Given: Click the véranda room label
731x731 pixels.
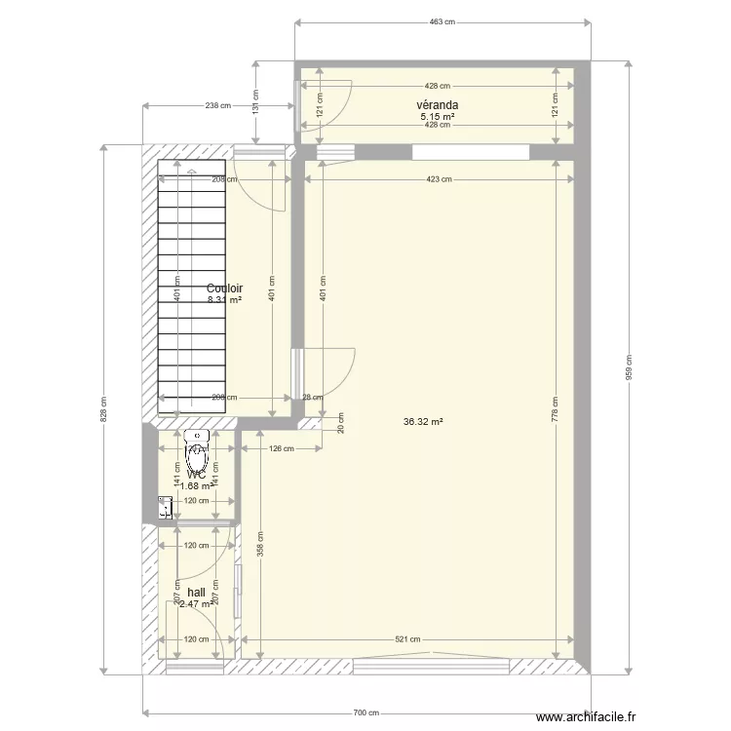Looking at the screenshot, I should [x=437, y=105].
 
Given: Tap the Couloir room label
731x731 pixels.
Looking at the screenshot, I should [x=224, y=289].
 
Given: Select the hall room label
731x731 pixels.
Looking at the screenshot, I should [x=196, y=592].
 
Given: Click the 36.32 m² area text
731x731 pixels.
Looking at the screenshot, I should [x=423, y=422].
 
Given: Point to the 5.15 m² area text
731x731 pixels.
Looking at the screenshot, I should [x=437, y=116].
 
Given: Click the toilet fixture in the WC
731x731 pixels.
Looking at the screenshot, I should [x=199, y=450].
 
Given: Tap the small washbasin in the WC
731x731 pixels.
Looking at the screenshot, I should [x=166, y=506].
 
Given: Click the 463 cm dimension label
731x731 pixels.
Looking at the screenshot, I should [x=442, y=22].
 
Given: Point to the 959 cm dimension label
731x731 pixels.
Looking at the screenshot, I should [x=629, y=367].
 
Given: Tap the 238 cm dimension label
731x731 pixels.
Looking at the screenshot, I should [x=218, y=105].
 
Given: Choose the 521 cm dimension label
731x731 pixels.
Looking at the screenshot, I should [x=407, y=640].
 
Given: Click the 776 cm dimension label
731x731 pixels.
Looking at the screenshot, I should [x=557, y=408].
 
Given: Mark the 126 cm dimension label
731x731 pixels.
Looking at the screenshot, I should [x=281, y=449].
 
